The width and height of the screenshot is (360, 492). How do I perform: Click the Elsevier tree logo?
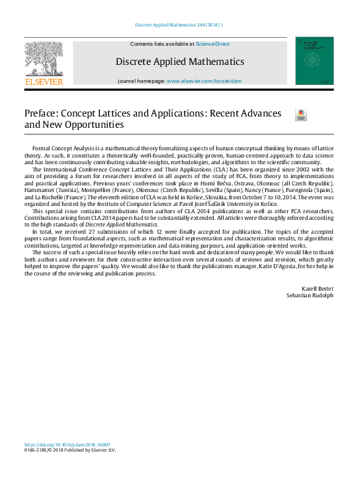44,58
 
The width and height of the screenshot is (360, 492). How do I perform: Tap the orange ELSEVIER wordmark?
44,81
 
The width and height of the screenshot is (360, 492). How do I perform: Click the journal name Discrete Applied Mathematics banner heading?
179,62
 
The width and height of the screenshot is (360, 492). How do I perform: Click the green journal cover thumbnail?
314,61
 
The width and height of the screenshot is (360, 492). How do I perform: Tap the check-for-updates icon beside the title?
300,115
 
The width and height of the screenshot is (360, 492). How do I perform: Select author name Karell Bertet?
318,289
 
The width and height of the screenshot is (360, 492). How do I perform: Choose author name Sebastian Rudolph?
310,296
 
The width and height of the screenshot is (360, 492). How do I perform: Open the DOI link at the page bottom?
67,445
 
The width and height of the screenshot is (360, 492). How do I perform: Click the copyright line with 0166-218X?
70,451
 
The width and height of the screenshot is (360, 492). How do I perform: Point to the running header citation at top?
179,25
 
